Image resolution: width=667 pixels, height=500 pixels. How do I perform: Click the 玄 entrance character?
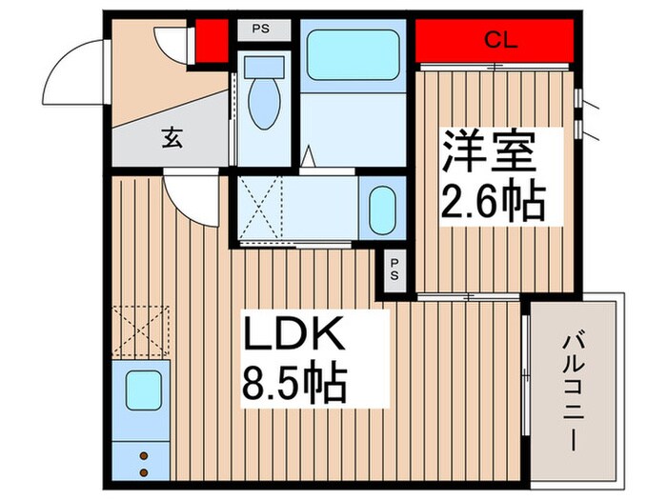pos(171,139)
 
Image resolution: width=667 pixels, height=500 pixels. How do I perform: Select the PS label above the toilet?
pos(259,29)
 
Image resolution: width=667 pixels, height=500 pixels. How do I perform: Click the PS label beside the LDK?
pos(394,268)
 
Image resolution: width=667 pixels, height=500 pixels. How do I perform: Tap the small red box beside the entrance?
pos(211,39)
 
